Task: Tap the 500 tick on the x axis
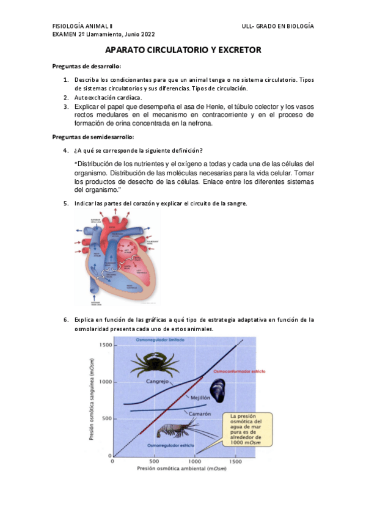[153, 462]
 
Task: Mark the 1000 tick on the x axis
[196, 462]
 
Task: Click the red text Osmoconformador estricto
[235, 371]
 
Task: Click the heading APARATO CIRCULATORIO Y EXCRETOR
[183, 50]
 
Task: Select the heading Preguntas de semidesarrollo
[93, 137]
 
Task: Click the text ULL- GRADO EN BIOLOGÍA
[278, 27]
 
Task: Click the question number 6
[66, 319]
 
